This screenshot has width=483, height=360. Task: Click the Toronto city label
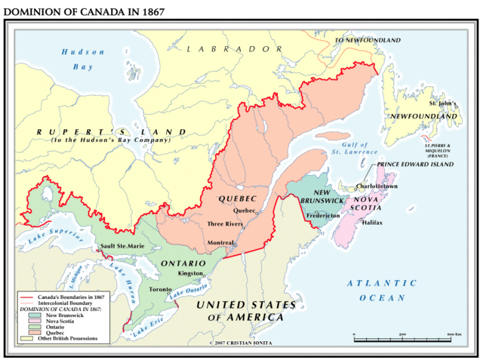(x=160, y=289)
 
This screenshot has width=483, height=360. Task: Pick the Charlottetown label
(x=377, y=186)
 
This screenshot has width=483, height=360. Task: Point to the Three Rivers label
(x=224, y=224)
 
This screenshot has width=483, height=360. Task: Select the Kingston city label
(x=191, y=273)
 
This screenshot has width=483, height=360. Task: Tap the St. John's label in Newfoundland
(x=443, y=103)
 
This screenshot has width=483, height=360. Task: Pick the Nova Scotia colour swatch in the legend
(x=28, y=320)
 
